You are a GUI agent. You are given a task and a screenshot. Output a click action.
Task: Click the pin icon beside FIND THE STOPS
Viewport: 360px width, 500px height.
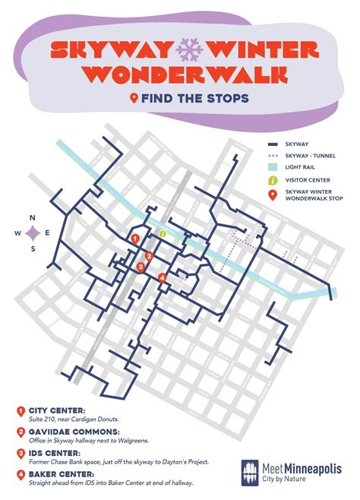coord(135,98)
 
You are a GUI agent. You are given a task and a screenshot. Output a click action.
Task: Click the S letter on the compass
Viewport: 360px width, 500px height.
coord(33,248)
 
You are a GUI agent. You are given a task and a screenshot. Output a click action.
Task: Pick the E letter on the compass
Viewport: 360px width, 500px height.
coord(48,233)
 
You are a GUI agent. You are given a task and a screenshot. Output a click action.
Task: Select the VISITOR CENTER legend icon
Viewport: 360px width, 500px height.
coord(272,180)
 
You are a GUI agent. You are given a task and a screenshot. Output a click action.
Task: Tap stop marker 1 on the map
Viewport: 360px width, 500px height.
coord(134,239)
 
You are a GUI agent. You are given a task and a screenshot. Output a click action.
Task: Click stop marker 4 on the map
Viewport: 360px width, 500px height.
coord(163,278)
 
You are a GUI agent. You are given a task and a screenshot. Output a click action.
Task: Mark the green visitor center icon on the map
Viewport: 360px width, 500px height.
coord(163,233)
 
